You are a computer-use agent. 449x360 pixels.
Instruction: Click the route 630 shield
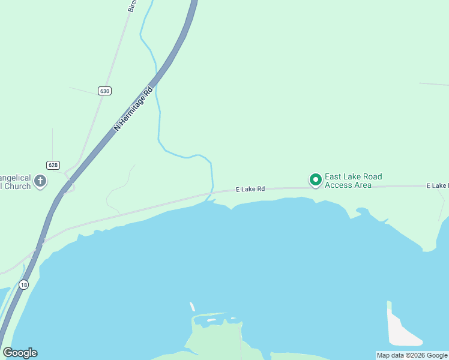(105, 91)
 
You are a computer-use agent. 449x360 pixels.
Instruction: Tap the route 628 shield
(53, 164)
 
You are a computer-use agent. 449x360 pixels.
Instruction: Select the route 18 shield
(23, 285)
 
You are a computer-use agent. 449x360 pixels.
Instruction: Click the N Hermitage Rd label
(134, 107)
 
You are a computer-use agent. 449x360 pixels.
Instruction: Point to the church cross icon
(40, 181)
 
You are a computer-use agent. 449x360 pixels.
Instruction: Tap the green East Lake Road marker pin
(315, 179)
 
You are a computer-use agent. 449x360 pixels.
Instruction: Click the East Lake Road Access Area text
(353, 181)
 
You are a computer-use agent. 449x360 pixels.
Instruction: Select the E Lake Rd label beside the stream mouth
(250, 189)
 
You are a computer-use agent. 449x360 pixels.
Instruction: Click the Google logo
(20, 353)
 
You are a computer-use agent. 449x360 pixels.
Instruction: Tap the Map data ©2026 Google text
(412, 355)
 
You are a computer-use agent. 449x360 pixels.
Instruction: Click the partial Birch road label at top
(132, 6)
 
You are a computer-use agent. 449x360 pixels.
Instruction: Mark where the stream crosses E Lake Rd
(209, 193)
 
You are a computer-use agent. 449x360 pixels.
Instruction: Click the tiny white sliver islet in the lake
(192, 307)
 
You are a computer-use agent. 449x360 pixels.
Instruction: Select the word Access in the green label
(339, 185)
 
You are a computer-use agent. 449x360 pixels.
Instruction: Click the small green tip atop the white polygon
(389, 304)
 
